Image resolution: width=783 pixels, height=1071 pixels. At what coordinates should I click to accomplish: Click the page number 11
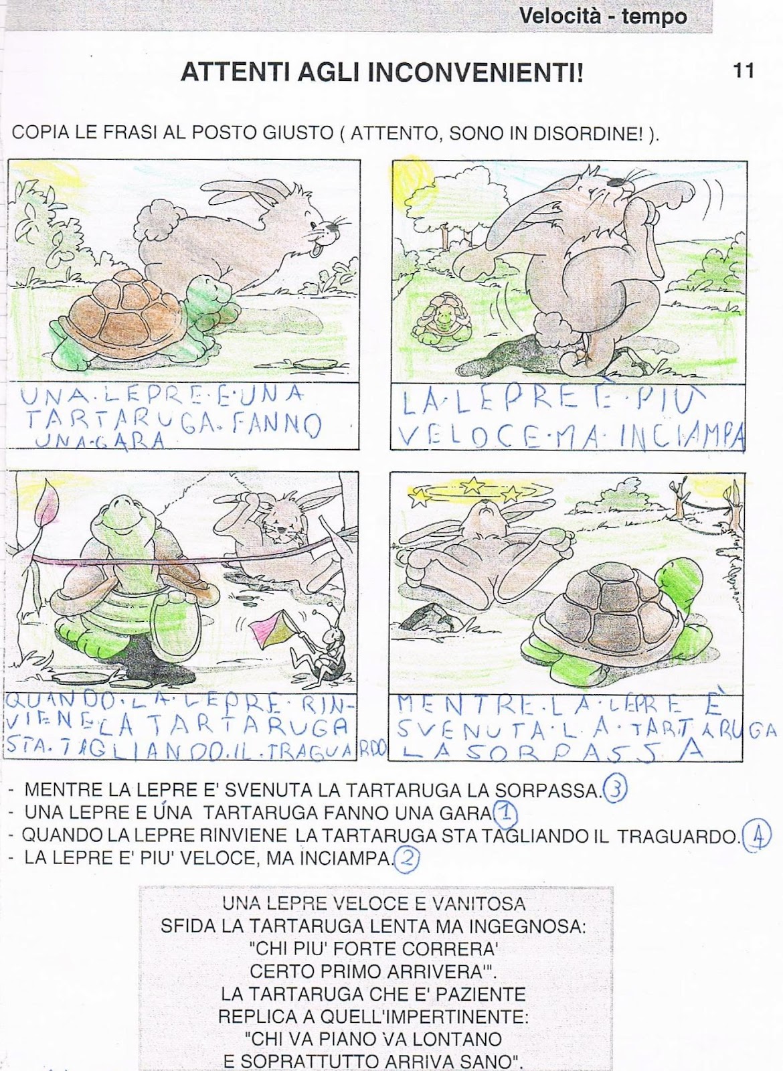(743, 71)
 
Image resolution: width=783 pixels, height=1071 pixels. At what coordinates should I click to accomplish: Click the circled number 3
(615, 789)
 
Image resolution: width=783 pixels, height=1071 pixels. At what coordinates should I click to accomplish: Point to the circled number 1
(505, 813)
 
